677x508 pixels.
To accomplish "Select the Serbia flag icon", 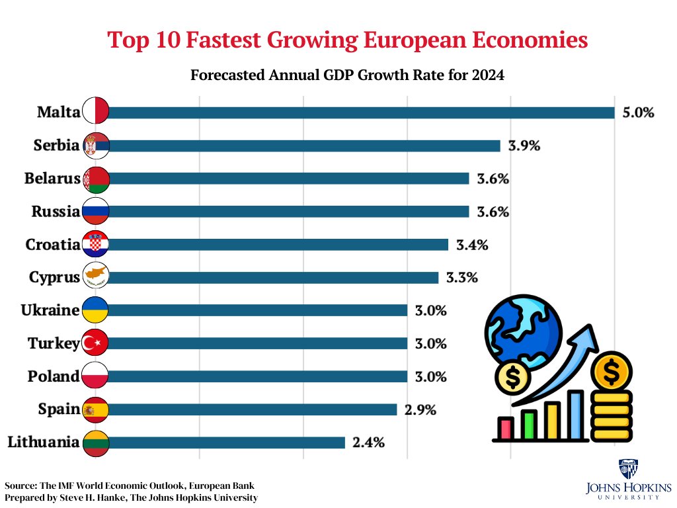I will click(95, 146).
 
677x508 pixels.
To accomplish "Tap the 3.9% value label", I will click(524, 146).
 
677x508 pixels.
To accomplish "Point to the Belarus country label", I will click(52, 179).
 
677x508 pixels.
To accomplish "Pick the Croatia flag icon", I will click(95, 245).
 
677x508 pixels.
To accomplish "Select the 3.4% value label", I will click(472, 245).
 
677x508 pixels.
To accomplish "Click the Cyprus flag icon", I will click(95, 278).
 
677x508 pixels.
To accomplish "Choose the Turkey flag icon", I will click(95, 343).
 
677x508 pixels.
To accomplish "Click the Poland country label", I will click(54, 376).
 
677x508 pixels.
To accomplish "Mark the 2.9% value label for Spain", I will click(420, 409).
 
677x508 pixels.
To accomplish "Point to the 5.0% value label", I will click(638, 112).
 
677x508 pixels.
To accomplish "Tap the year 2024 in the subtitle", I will click(489, 75).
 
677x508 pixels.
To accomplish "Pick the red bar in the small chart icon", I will click(506, 427).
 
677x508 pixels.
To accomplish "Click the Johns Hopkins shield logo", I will click(625, 468).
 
